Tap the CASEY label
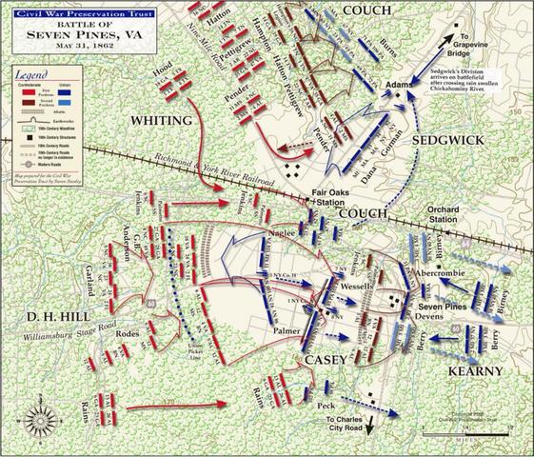click(330, 360)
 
